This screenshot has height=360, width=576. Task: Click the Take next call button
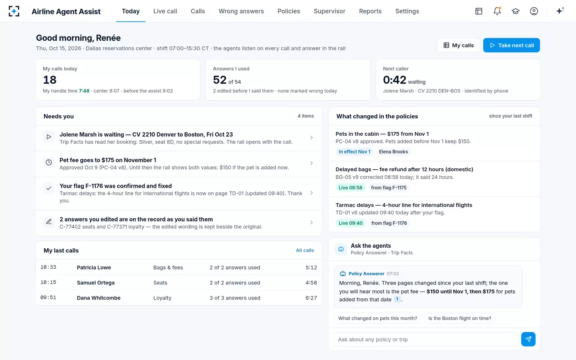pyautogui.click(x=512, y=45)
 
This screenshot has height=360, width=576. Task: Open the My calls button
pyautogui.click(x=458, y=45)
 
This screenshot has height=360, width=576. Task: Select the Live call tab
pyautogui.click(x=165, y=11)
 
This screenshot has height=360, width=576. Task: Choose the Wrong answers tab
pyautogui.click(x=241, y=11)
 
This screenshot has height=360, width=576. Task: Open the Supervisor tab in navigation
pyautogui.click(x=330, y=11)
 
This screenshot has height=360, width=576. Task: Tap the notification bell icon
pyautogui.click(x=497, y=11)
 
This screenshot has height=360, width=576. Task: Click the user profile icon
pyautogui.click(x=534, y=11)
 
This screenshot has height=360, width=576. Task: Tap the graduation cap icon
pyautogui.click(x=516, y=11)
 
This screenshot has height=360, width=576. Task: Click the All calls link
pyautogui.click(x=305, y=250)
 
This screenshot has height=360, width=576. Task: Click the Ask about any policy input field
pyautogui.click(x=426, y=340)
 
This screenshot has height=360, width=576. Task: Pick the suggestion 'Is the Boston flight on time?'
pyautogui.click(x=460, y=318)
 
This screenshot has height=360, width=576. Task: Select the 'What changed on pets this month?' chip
pyautogui.click(x=378, y=318)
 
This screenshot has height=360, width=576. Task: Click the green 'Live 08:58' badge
pyautogui.click(x=350, y=188)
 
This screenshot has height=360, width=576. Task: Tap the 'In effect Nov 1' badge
pyautogui.click(x=354, y=152)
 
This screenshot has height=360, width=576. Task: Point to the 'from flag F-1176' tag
pyautogui.click(x=389, y=223)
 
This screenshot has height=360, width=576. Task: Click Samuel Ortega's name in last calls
pyautogui.click(x=96, y=282)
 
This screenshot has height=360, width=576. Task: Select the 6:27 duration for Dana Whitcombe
pyautogui.click(x=311, y=298)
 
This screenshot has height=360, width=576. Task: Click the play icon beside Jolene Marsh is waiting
pyautogui.click(x=49, y=137)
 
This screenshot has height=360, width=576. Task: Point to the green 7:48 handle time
pyautogui.click(x=84, y=91)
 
